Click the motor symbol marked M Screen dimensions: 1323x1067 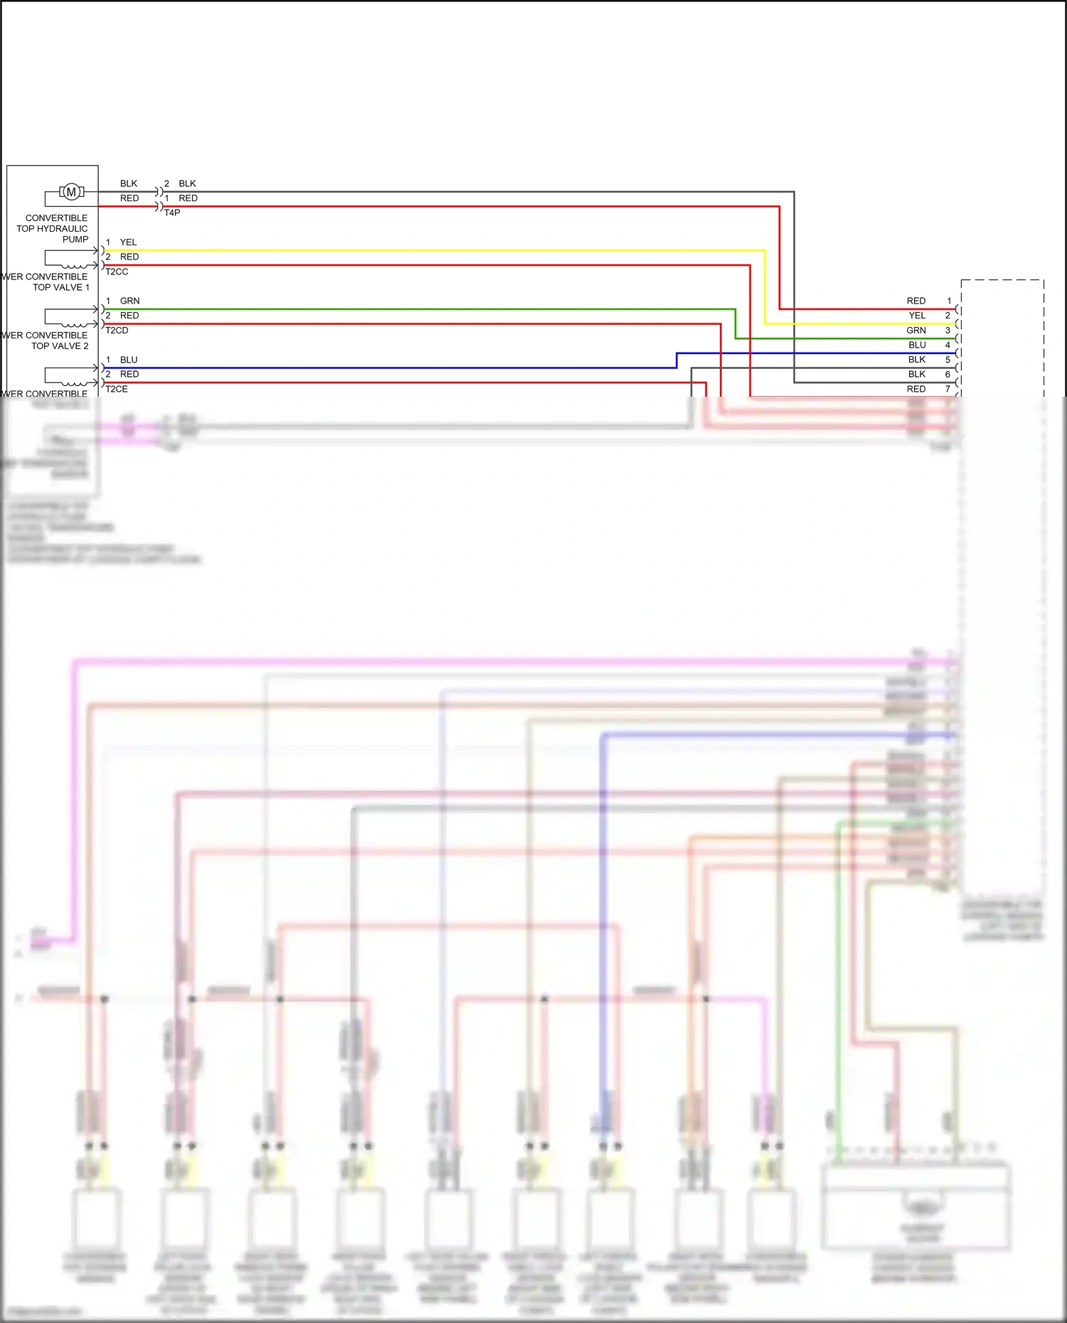(71, 192)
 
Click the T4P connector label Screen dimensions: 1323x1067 (172, 213)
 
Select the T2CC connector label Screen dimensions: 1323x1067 (117, 272)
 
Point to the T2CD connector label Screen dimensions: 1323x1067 (117, 331)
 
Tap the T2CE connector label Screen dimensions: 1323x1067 (117, 389)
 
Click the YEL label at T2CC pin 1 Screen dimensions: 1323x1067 (128, 242)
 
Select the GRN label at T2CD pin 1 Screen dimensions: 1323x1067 (129, 301)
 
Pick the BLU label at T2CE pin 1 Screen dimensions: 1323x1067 (129, 360)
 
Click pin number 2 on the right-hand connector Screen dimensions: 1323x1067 (947, 315)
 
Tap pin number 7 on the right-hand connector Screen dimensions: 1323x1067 (947, 389)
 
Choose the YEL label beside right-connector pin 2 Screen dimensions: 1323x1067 (917, 315)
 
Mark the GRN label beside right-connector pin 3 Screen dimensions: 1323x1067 (916, 330)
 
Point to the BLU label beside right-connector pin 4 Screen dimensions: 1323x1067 (917, 345)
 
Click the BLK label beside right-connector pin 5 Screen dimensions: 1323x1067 (917, 360)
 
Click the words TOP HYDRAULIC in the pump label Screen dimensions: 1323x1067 (52, 228)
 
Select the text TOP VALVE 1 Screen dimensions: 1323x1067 (61, 287)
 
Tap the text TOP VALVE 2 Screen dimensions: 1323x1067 (60, 346)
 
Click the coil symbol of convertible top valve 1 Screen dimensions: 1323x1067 (74, 265)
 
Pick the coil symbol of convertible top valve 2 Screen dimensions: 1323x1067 (74, 324)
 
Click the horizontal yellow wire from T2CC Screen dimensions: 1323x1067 (427, 250)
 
